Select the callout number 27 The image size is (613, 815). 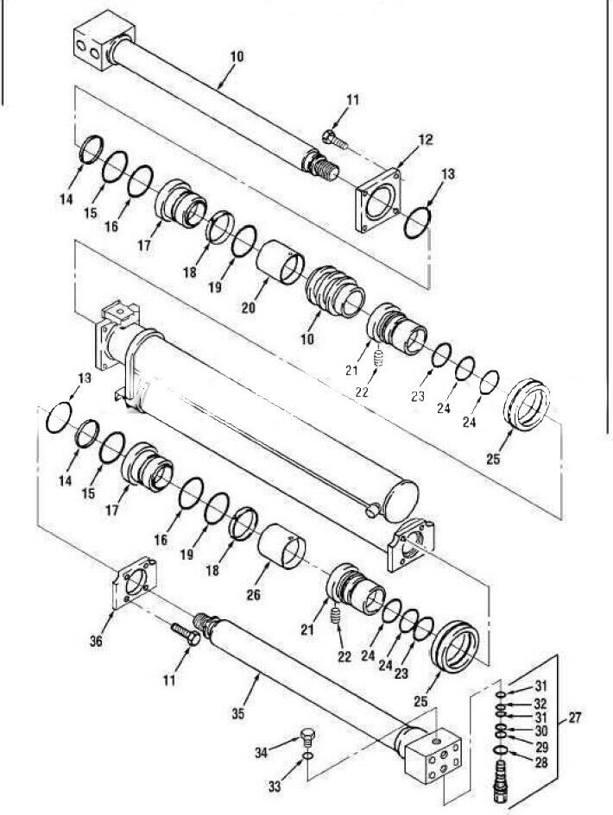[x=573, y=718]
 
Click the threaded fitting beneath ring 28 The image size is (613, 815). [x=502, y=786]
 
